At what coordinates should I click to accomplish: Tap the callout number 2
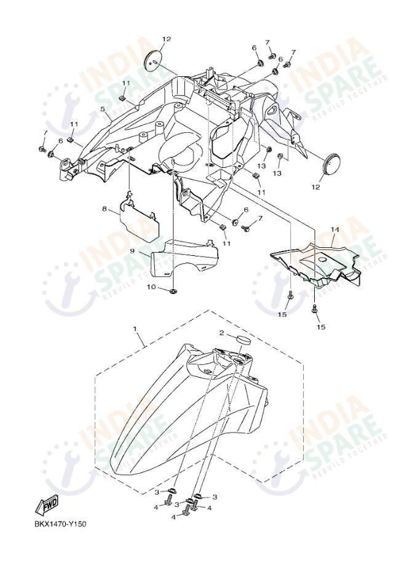click(x=223, y=333)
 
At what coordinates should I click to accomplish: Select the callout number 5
click(x=103, y=109)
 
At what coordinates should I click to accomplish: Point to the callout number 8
click(x=105, y=210)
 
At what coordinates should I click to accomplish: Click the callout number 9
click(x=132, y=251)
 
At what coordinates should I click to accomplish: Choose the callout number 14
click(x=334, y=230)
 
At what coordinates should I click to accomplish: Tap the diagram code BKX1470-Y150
click(x=60, y=524)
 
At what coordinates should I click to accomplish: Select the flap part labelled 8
click(x=138, y=218)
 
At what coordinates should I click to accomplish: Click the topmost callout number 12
click(x=166, y=39)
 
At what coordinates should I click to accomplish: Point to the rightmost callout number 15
click(x=321, y=327)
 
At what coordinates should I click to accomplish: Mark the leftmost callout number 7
click(x=44, y=133)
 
